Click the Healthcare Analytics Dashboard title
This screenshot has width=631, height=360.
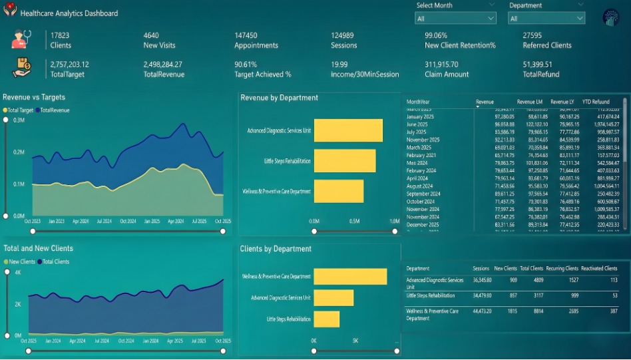(69, 13)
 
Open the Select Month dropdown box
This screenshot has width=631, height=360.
(455, 19)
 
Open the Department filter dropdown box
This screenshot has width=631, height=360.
(546, 19)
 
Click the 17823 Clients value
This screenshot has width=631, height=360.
(60, 35)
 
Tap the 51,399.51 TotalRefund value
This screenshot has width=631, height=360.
(541, 65)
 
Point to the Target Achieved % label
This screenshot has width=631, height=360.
(262, 75)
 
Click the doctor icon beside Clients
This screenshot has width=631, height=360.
(22, 39)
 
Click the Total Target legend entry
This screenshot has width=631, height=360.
(20, 110)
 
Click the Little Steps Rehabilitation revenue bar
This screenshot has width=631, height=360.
(344, 160)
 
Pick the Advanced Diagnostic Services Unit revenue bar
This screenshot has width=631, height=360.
(347, 130)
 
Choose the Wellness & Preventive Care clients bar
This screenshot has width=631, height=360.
(349, 276)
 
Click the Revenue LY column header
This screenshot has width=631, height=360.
(564, 102)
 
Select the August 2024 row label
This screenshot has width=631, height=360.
(419, 187)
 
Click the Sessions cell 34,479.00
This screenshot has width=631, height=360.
(481, 295)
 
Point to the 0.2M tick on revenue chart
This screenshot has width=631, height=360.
(19, 152)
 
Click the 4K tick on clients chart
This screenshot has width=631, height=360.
(19, 273)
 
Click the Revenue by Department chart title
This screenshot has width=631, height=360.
(279, 98)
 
